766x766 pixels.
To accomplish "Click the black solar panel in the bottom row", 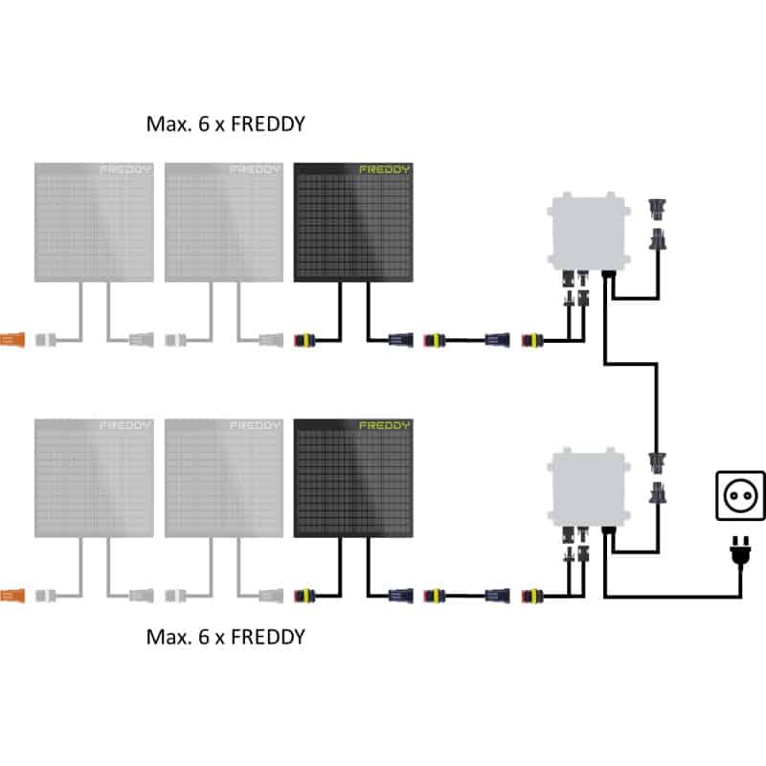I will [353, 479].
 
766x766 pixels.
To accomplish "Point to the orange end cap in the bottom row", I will [13, 595].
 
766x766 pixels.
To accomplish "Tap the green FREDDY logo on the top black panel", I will [384, 170].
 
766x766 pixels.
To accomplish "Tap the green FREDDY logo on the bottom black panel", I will [384, 425].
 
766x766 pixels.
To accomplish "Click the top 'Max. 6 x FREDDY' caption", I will [225, 124].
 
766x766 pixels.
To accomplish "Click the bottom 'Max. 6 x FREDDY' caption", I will [225, 636].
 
